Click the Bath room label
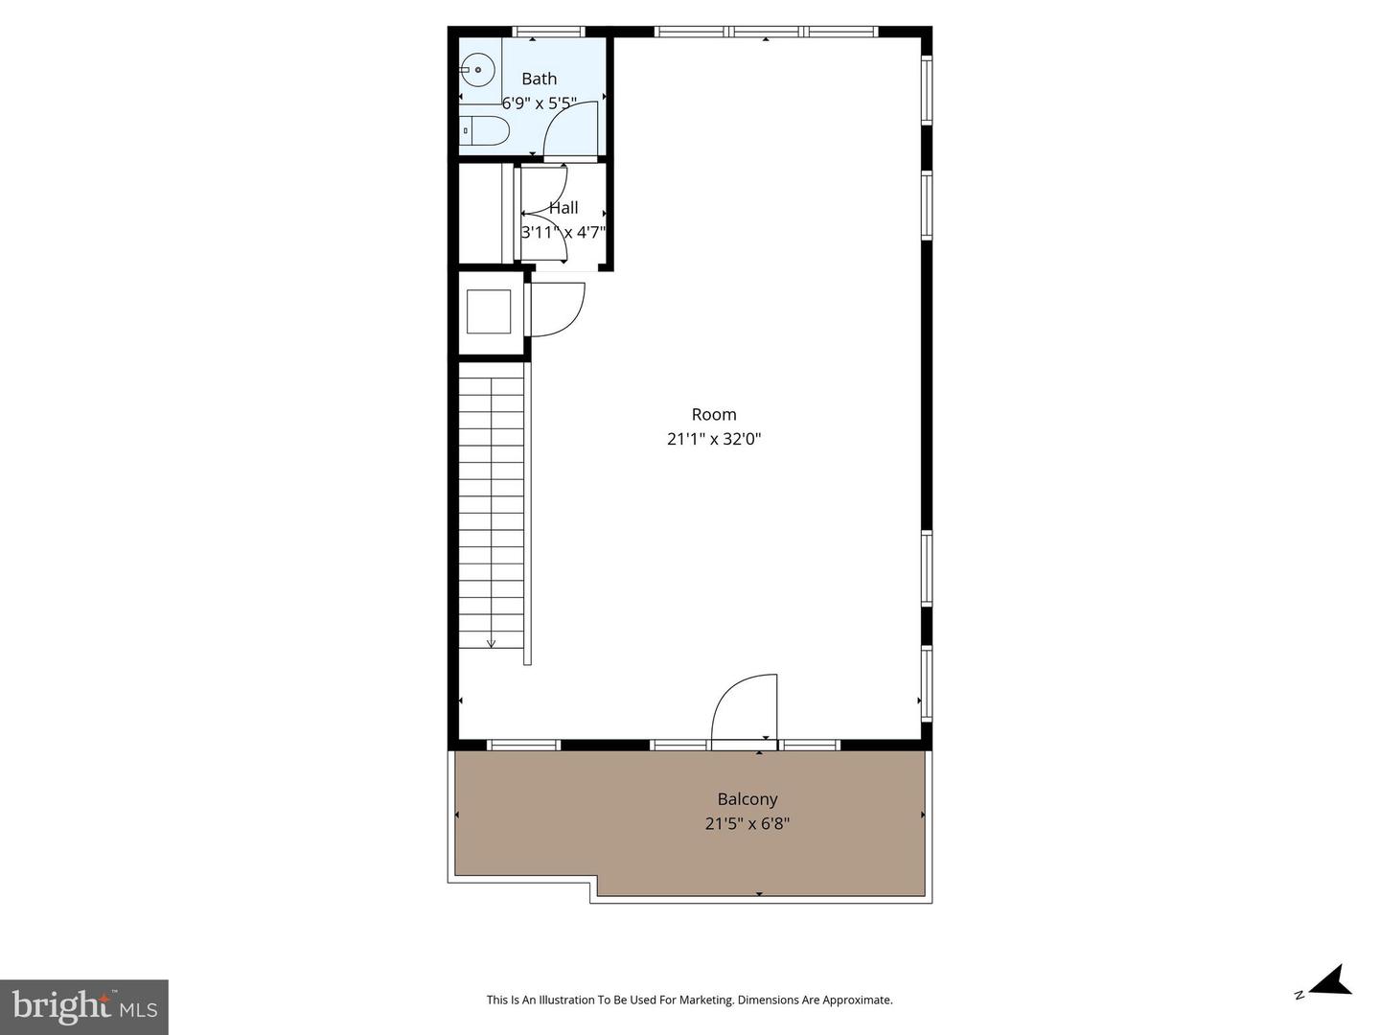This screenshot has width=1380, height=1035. tap(539, 79)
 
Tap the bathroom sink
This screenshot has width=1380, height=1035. tap(476, 70)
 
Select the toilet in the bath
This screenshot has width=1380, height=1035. tap(483, 131)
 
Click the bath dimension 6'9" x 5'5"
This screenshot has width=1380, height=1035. tap(539, 103)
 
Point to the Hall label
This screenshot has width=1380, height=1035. tap(563, 207)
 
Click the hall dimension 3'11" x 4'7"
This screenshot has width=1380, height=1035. tap(563, 232)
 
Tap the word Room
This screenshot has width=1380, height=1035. tap(714, 414)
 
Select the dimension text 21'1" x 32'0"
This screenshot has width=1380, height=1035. tap(714, 439)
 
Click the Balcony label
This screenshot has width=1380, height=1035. tap(747, 798)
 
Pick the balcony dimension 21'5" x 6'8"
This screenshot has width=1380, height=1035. tap(747, 823)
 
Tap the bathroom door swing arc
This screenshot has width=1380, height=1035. tap(571, 128)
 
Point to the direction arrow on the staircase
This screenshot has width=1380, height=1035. tap(492, 642)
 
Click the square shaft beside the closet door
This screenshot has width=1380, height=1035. tap(489, 311)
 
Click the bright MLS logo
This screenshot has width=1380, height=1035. tap(84, 1006)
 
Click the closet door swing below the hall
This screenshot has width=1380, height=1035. tap(557, 310)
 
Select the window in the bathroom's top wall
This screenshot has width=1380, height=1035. tap(549, 32)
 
